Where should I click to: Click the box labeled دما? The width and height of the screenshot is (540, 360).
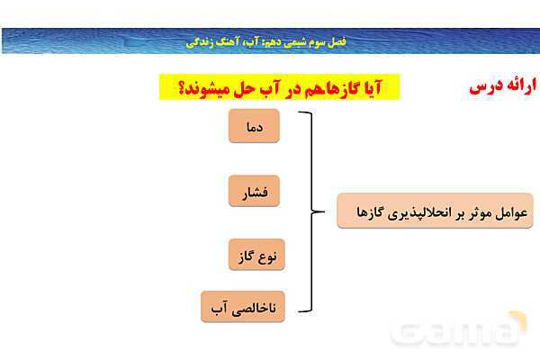coord(254,127)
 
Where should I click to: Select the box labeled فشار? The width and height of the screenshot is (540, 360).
coord(254,192)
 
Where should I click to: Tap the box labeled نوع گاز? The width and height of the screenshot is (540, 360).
coord(254,256)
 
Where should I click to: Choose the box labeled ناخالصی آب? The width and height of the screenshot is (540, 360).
coord(239,308)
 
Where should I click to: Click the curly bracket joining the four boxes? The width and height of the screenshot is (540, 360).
coord(312,213)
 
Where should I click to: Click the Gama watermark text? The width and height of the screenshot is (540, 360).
coord(460,333)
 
